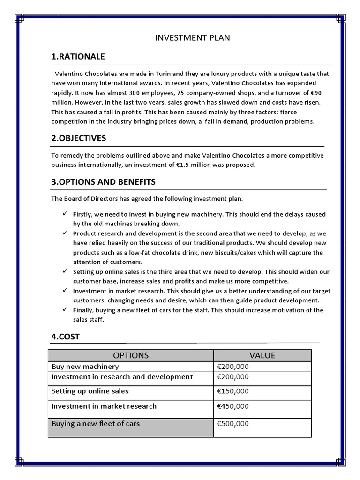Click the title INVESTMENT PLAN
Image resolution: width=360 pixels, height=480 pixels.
(x=193, y=37)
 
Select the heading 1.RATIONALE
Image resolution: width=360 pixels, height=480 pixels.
(x=78, y=57)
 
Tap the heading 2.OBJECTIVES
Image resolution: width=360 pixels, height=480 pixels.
(x=79, y=138)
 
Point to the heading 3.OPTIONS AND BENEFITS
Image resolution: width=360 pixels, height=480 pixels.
(x=103, y=181)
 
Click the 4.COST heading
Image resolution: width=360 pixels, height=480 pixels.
(x=66, y=337)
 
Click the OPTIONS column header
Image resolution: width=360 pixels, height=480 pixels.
(x=131, y=355)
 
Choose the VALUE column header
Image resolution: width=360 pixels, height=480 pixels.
(x=262, y=355)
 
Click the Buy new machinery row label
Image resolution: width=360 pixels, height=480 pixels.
(x=85, y=367)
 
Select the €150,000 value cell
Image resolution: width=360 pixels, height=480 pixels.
(x=233, y=391)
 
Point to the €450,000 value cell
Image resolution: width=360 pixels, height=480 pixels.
(x=233, y=406)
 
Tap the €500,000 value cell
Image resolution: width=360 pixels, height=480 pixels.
(x=233, y=424)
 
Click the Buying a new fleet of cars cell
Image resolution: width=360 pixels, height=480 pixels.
(x=96, y=424)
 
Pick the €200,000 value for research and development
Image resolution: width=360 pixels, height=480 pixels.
(x=233, y=377)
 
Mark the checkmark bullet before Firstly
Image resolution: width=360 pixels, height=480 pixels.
(x=65, y=214)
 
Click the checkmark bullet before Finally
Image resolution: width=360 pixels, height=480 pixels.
(x=65, y=310)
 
